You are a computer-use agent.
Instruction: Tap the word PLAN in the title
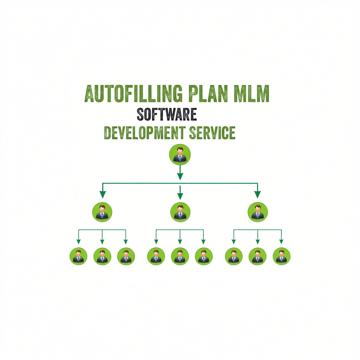[x=208, y=93]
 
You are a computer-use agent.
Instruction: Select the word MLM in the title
[x=251, y=93]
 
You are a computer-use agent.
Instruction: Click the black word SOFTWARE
[x=166, y=114]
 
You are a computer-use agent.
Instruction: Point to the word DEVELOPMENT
[x=145, y=132]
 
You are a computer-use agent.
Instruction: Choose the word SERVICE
[x=212, y=132]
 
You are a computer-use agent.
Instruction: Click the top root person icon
[x=180, y=154]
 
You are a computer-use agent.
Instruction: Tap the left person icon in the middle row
[x=102, y=212]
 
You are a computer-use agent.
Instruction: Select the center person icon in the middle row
[x=180, y=212]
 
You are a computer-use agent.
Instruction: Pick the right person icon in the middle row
[x=258, y=212]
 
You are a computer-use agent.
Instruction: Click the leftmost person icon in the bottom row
[x=78, y=256]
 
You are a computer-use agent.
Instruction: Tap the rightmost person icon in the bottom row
[x=282, y=256]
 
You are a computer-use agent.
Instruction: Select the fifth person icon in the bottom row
[x=180, y=256]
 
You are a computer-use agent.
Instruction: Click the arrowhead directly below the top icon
[x=180, y=176]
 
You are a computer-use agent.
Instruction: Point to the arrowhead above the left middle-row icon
[x=103, y=195]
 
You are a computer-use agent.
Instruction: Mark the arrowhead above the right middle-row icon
[x=258, y=195]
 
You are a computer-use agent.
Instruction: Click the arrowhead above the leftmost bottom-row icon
[x=78, y=241]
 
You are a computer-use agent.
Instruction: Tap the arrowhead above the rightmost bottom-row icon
[x=281, y=241]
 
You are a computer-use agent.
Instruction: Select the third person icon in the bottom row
[x=126, y=256]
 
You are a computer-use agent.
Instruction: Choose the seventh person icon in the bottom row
[x=234, y=256]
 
